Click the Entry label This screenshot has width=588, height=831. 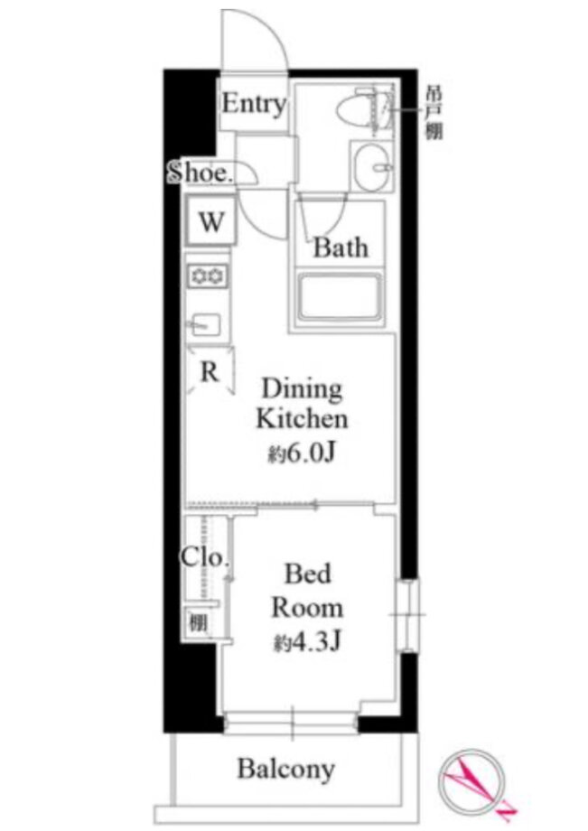[254, 103]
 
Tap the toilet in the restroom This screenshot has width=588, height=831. [365, 109]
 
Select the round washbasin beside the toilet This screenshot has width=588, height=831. [372, 166]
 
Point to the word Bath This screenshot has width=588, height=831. [341, 247]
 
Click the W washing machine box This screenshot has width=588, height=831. [210, 220]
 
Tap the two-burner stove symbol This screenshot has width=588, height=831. [208, 275]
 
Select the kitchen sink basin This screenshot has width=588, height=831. [205, 323]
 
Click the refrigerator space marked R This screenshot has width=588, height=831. [210, 370]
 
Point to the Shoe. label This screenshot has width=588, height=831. [201, 173]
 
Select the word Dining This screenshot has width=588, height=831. [302, 389]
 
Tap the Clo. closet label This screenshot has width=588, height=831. [205, 557]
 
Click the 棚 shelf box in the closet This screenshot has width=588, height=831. [199, 622]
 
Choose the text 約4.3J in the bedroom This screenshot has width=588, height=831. [307, 642]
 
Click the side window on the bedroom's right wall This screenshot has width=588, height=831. [407, 615]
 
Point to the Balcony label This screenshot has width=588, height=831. [286, 769]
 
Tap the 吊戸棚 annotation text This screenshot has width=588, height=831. [434, 113]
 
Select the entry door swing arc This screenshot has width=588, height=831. [273, 26]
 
